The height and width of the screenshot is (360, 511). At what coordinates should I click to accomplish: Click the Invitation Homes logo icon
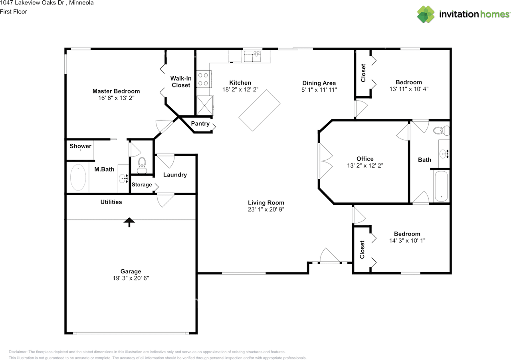coord(426,14)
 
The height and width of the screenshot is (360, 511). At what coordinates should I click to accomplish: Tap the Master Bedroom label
coord(116,91)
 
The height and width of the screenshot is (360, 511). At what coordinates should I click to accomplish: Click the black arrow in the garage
coord(129,222)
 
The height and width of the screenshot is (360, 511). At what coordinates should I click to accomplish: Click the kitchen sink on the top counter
coord(252,57)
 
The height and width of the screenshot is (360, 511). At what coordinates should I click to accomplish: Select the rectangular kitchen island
coord(259,110)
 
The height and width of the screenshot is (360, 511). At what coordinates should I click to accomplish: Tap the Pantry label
coord(200,124)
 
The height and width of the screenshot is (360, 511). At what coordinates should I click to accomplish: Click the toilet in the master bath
coord(142,165)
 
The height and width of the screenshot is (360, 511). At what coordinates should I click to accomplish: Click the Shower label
coord(81,146)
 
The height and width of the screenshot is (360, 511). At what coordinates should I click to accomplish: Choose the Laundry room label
coord(175,174)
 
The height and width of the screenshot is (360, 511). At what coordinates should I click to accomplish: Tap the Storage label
coord(142,184)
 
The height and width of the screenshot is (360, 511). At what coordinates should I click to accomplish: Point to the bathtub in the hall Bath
coord(441,186)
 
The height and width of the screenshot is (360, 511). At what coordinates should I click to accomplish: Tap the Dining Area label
coord(319,83)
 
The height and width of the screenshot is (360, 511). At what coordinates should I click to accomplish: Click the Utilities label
coord(111,202)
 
